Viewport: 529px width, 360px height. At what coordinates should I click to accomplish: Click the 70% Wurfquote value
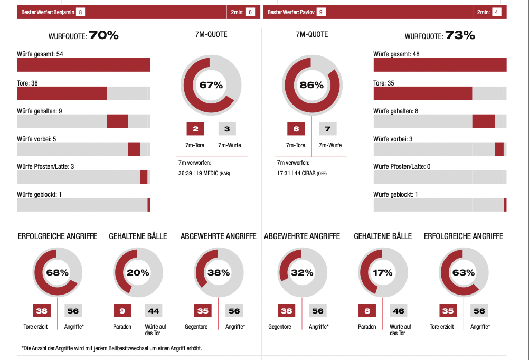pos(103,35)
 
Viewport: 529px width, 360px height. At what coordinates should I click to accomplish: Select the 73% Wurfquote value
pos(460,35)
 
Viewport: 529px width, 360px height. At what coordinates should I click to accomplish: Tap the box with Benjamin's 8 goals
pos(80,12)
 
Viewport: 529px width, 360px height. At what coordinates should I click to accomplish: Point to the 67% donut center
pos(211,84)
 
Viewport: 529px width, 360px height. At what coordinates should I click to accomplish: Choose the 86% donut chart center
pos(311,84)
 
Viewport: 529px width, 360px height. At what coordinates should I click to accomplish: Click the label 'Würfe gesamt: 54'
pos(40,54)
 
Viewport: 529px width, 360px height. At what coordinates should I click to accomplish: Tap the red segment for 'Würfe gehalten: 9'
pos(118,121)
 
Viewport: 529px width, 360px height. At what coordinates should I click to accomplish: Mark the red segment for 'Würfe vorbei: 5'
pos(134,149)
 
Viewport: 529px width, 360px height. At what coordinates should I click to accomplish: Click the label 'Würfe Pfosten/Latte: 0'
pos(402,167)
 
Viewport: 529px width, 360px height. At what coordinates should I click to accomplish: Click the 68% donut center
pos(58,273)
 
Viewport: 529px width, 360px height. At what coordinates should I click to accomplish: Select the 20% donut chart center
pos(138,273)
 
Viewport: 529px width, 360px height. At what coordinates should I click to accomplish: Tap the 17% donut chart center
pos(383,273)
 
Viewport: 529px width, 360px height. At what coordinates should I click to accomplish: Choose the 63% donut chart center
pos(463,273)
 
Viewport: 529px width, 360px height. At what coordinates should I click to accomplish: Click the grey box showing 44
pos(154,311)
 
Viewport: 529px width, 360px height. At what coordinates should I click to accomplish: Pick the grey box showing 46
pos(399,311)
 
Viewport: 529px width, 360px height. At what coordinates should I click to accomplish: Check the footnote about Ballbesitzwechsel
pos(112,348)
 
